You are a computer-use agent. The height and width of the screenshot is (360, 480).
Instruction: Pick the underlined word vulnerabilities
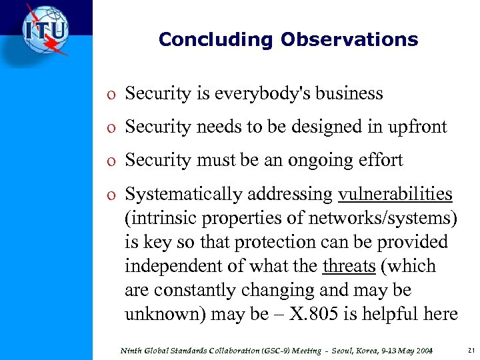click(x=395, y=194)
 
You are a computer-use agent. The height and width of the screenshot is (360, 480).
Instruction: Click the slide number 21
click(x=471, y=350)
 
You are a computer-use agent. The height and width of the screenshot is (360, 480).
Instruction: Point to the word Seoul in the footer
click(x=328, y=350)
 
